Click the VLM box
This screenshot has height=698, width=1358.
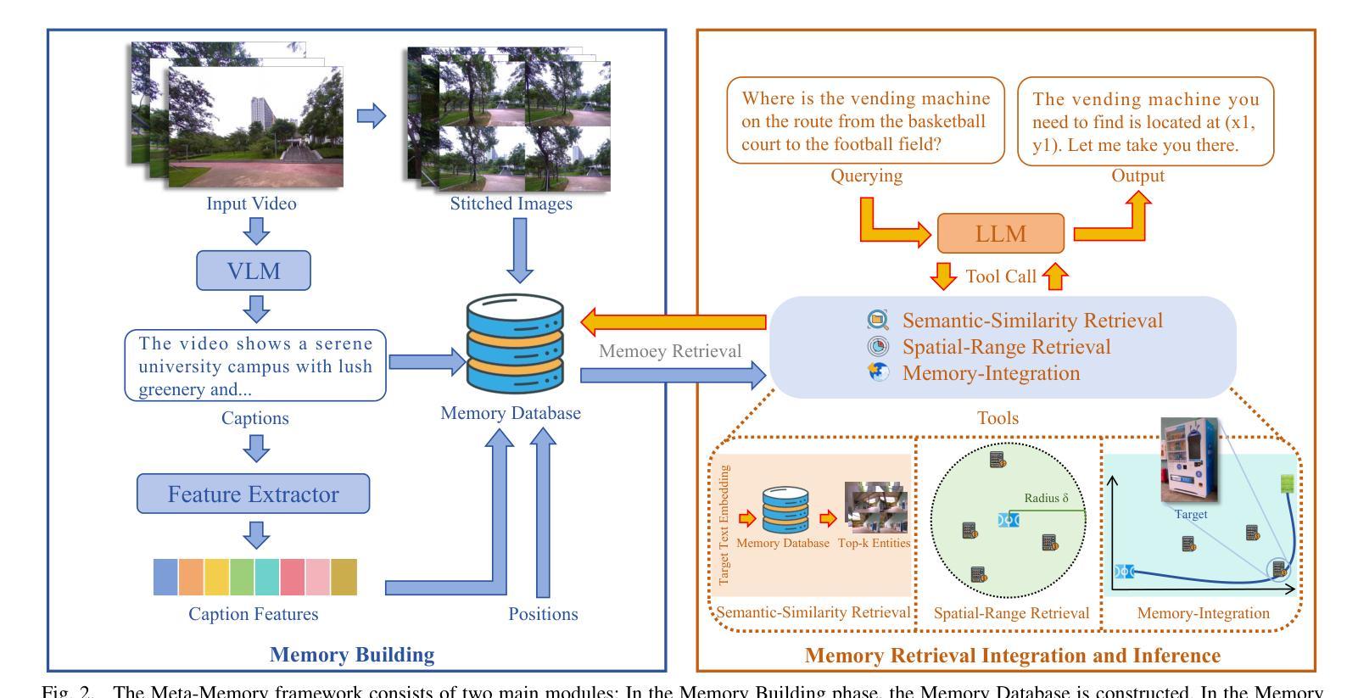pyautogui.click(x=254, y=271)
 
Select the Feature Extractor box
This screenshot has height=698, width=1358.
pyautogui.click(x=253, y=494)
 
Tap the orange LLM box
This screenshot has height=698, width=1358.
pyautogui.click(x=1000, y=233)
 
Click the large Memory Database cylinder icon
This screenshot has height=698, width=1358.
pyautogui.click(x=515, y=343)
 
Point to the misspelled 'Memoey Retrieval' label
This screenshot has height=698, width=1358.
pyautogui.click(x=670, y=351)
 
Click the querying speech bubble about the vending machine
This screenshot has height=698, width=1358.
pyautogui.click(x=865, y=121)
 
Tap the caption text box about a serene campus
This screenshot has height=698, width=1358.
pyautogui.click(x=254, y=366)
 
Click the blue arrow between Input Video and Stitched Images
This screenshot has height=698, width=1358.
pyautogui.click(x=371, y=115)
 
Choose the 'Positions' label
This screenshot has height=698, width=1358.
pyautogui.click(x=543, y=614)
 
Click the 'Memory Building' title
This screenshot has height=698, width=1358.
pyautogui.click(x=352, y=655)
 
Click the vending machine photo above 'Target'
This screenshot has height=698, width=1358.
pyautogui.click(x=1190, y=459)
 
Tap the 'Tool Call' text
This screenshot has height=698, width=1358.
pyautogui.click(x=1001, y=276)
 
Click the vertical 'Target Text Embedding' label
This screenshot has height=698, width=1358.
pyautogui.click(x=724, y=524)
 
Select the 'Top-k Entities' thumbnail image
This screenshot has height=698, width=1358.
pyautogui.click(x=875, y=507)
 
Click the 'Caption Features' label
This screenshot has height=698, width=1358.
pyautogui.click(x=253, y=614)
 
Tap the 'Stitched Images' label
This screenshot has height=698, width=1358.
pyautogui.click(x=511, y=204)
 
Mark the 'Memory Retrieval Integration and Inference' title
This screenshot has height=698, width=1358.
pyautogui.click(x=1012, y=656)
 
